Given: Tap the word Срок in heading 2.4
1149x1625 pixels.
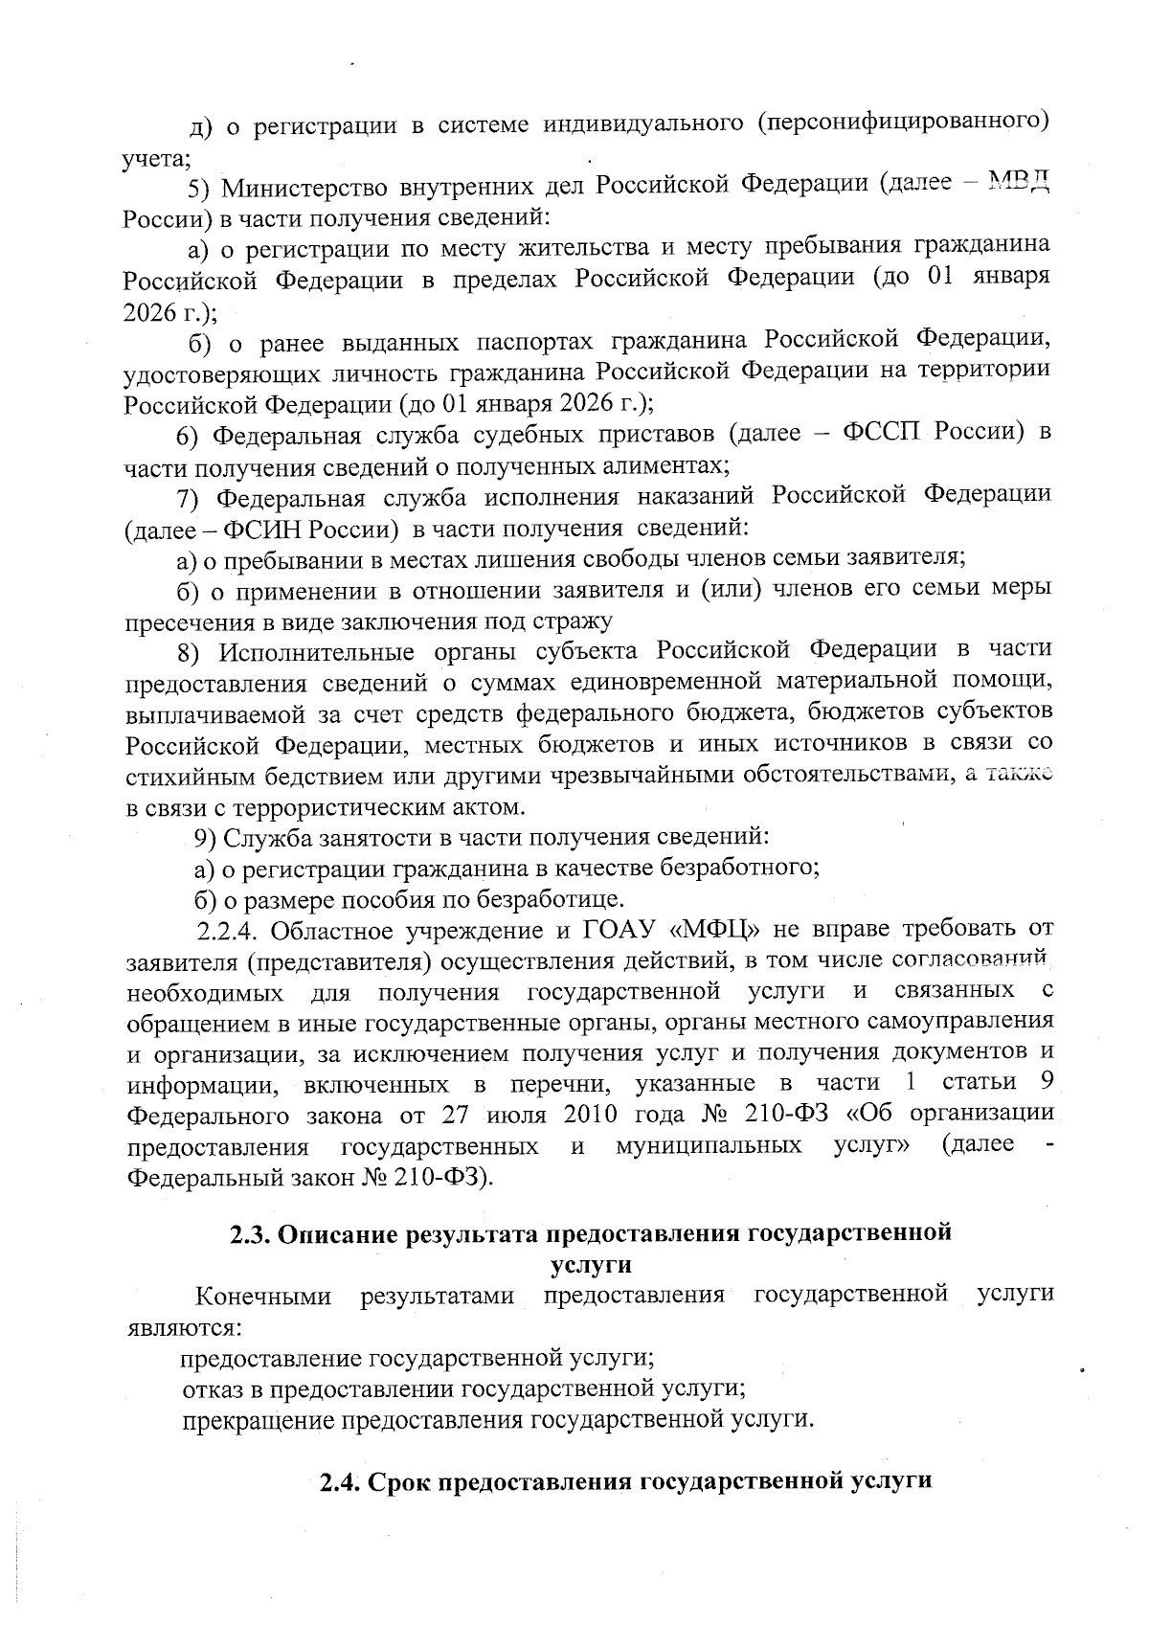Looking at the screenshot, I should point(396,1481).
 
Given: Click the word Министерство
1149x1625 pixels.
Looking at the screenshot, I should point(306,184).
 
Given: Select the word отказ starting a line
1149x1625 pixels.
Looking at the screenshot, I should point(210,1387).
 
